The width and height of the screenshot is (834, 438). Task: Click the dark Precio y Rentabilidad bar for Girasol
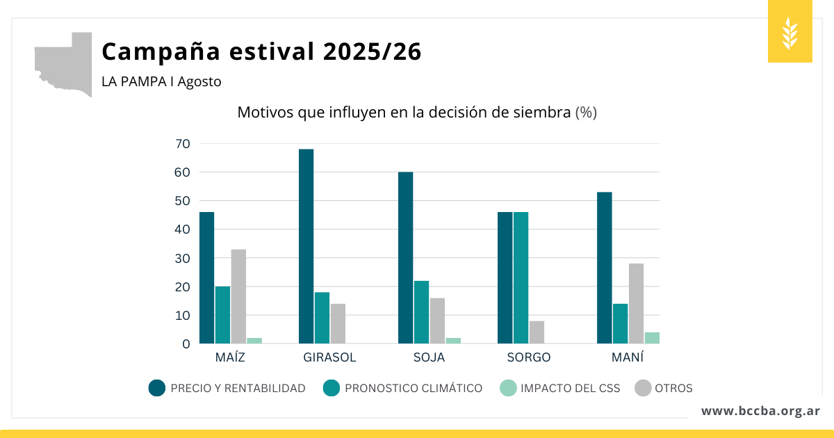306,246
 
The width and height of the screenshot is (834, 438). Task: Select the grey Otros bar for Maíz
238,296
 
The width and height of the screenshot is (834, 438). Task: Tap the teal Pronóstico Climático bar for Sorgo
521,278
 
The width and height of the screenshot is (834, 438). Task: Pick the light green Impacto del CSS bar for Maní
652,338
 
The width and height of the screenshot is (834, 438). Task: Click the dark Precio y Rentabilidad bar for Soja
405,257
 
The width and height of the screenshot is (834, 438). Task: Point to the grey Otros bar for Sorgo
537,332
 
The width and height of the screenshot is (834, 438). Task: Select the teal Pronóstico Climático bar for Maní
620,323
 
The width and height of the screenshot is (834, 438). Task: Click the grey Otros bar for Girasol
338,323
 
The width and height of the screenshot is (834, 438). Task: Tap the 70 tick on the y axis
183,144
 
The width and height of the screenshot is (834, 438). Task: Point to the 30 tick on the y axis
183,258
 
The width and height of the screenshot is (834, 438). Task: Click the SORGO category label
528,357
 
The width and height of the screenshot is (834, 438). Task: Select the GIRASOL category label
329,357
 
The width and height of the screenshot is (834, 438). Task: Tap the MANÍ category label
628,357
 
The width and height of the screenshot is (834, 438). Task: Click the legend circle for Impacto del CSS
508,388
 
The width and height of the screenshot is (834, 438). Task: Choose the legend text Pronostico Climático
413,388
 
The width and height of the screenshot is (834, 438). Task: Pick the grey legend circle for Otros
642,388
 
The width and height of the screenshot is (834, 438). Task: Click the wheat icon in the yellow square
790,33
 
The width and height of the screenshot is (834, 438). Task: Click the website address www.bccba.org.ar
760,411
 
